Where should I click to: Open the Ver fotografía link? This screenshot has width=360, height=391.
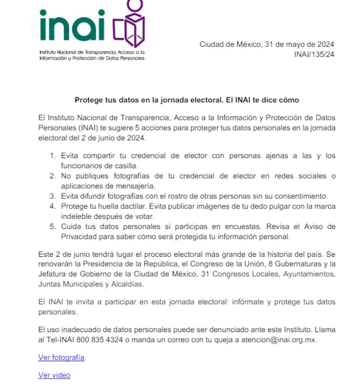61,358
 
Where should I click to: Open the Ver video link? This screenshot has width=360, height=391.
54,375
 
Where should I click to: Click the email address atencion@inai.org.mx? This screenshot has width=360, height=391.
279,340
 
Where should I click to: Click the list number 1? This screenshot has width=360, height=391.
53,156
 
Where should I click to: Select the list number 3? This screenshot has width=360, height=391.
53,196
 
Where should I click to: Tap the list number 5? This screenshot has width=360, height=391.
53,227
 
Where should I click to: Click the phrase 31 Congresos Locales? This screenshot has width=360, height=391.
239,274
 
